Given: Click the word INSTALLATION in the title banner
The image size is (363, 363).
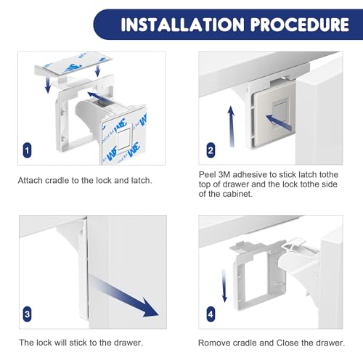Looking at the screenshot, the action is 183,25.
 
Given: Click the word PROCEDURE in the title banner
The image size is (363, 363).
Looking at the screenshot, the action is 300,25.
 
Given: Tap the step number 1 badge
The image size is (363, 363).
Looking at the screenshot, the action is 27,150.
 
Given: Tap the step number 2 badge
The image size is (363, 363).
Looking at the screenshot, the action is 211,150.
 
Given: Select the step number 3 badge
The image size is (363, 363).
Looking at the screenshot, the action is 27,314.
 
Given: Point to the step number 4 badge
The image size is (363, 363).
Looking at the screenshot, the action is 211,314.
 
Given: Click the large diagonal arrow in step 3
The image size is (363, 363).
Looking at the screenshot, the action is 124,296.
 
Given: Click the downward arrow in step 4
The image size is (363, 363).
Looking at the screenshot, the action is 224,286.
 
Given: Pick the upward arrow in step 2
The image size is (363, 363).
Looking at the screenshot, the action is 232,126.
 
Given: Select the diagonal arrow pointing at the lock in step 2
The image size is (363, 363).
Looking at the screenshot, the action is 278,122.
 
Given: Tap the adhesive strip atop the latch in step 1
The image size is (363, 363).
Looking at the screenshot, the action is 75,63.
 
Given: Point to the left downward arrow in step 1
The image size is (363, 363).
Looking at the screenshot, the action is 48,84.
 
